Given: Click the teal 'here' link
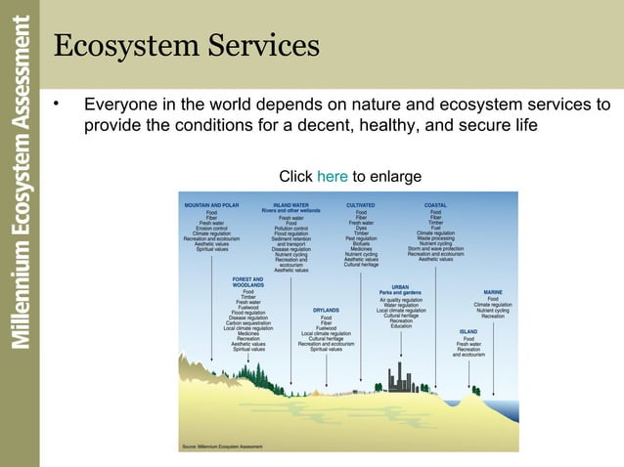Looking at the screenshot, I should click(333, 176).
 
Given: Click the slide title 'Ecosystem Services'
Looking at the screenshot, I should click(186, 45).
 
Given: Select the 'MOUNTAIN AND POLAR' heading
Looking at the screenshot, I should click(211, 205).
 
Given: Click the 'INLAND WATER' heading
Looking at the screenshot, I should click(290, 205).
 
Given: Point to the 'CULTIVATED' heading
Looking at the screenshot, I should click(361, 205).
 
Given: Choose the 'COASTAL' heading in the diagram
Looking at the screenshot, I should click(435, 205).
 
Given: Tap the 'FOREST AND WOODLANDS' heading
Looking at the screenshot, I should click(247, 282).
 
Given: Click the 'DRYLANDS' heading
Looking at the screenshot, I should click(326, 310).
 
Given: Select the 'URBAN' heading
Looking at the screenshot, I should click(400, 287).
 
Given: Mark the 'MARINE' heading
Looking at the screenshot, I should click(493, 291).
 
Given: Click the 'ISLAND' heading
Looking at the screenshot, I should click(468, 331).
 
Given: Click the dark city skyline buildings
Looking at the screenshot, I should click(400, 378).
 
